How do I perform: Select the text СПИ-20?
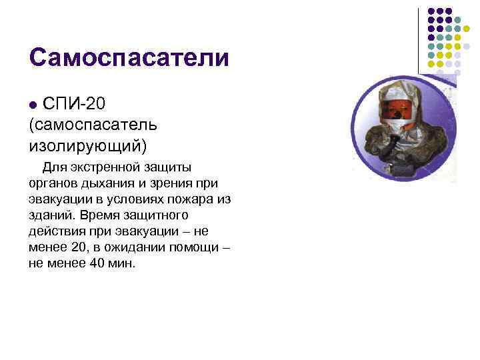(73, 105)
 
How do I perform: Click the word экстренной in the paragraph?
(100, 167)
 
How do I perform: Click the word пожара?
(189, 199)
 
